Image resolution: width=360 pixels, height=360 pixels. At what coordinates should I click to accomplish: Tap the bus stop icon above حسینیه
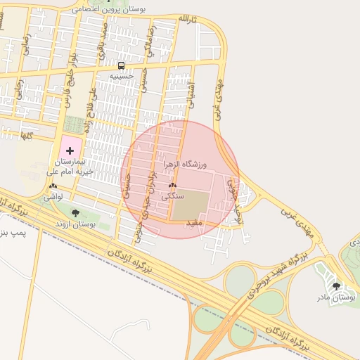click(x=122, y=65)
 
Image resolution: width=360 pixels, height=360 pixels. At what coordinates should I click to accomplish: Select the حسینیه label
click(x=122, y=75)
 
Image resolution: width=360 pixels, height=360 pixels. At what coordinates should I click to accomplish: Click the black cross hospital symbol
click(x=70, y=150)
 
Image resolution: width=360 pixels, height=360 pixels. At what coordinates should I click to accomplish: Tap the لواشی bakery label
click(x=53, y=198)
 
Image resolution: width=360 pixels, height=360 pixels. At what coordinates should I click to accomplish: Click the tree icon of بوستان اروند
click(x=76, y=213)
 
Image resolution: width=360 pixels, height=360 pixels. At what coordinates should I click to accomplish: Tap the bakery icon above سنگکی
click(x=173, y=186)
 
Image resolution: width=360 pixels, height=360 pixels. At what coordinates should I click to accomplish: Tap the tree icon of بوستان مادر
click(x=336, y=286)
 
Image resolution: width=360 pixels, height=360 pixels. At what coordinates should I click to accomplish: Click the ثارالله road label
click(x=186, y=19)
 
